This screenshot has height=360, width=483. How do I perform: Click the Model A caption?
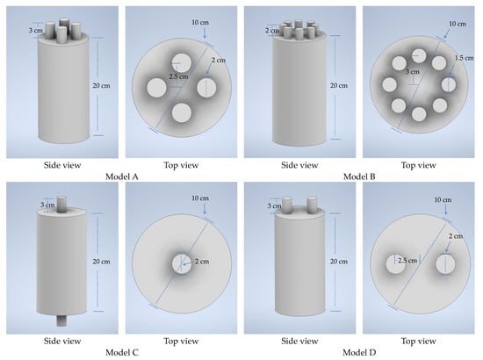point(122,176)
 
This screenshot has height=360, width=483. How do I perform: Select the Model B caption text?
point(359,176)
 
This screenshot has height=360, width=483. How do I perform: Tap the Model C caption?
point(122,352)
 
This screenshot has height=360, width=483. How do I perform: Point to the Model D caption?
point(359,352)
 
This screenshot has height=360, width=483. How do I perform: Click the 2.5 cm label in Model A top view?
point(178,76)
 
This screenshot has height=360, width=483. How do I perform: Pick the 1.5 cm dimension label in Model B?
point(465,58)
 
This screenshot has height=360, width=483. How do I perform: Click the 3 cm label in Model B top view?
point(412,72)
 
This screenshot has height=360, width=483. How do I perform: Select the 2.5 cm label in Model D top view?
point(407,261)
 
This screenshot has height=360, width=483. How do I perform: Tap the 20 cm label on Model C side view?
point(101,262)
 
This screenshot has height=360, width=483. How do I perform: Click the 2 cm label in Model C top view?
point(202,262)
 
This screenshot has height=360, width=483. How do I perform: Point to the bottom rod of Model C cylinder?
point(61,320)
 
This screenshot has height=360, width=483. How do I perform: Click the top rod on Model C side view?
point(62,205)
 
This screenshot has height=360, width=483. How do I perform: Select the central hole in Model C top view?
point(182,263)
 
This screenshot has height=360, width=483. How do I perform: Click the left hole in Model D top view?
point(396,264)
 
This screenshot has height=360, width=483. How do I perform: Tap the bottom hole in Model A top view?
point(182,112)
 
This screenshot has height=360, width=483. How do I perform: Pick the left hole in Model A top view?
point(157,88)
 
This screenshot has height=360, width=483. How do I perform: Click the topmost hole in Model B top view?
point(419,56)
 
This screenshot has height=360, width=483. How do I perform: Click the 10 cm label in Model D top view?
point(443,200)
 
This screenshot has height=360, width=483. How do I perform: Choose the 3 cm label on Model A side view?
point(36,31)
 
